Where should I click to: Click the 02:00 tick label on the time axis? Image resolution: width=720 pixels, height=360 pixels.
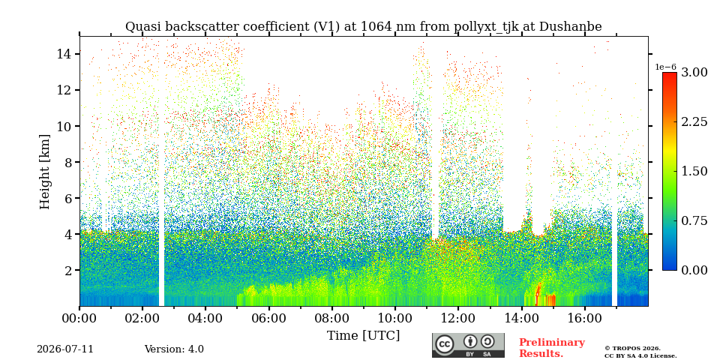(142, 318)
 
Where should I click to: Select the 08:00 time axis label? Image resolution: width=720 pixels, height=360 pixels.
(331, 318)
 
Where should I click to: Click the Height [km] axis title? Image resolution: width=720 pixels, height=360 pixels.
(44, 172)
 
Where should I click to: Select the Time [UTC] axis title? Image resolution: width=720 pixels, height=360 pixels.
(363, 335)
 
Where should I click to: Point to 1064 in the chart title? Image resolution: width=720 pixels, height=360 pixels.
(376, 27)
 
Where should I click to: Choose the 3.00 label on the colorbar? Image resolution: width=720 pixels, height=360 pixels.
(694, 73)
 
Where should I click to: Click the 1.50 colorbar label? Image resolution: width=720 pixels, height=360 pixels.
(694, 171)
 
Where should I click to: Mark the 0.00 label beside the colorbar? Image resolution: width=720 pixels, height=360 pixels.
(694, 271)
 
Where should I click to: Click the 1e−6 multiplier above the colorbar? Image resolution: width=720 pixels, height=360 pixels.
(665, 67)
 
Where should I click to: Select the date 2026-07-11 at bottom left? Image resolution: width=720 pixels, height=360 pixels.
(65, 349)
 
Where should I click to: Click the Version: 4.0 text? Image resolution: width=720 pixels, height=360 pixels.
(174, 349)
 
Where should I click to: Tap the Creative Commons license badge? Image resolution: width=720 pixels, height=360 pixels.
(468, 345)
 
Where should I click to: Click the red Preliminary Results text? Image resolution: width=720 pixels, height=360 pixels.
(552, 348)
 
